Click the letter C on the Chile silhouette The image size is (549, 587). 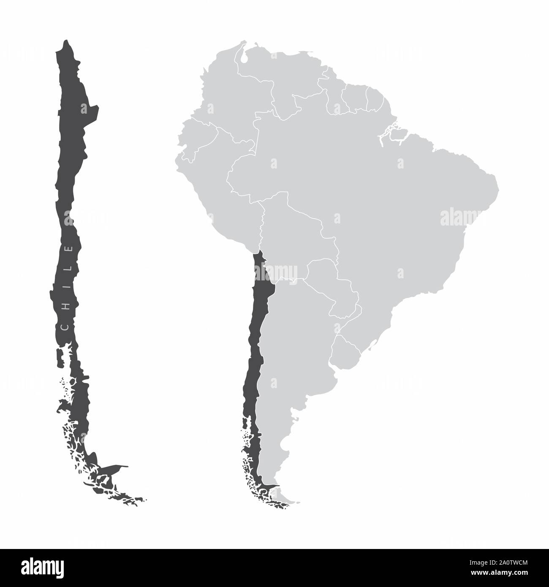click(x=65, y=327)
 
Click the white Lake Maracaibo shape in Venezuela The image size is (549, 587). click(x=245, y=57)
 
